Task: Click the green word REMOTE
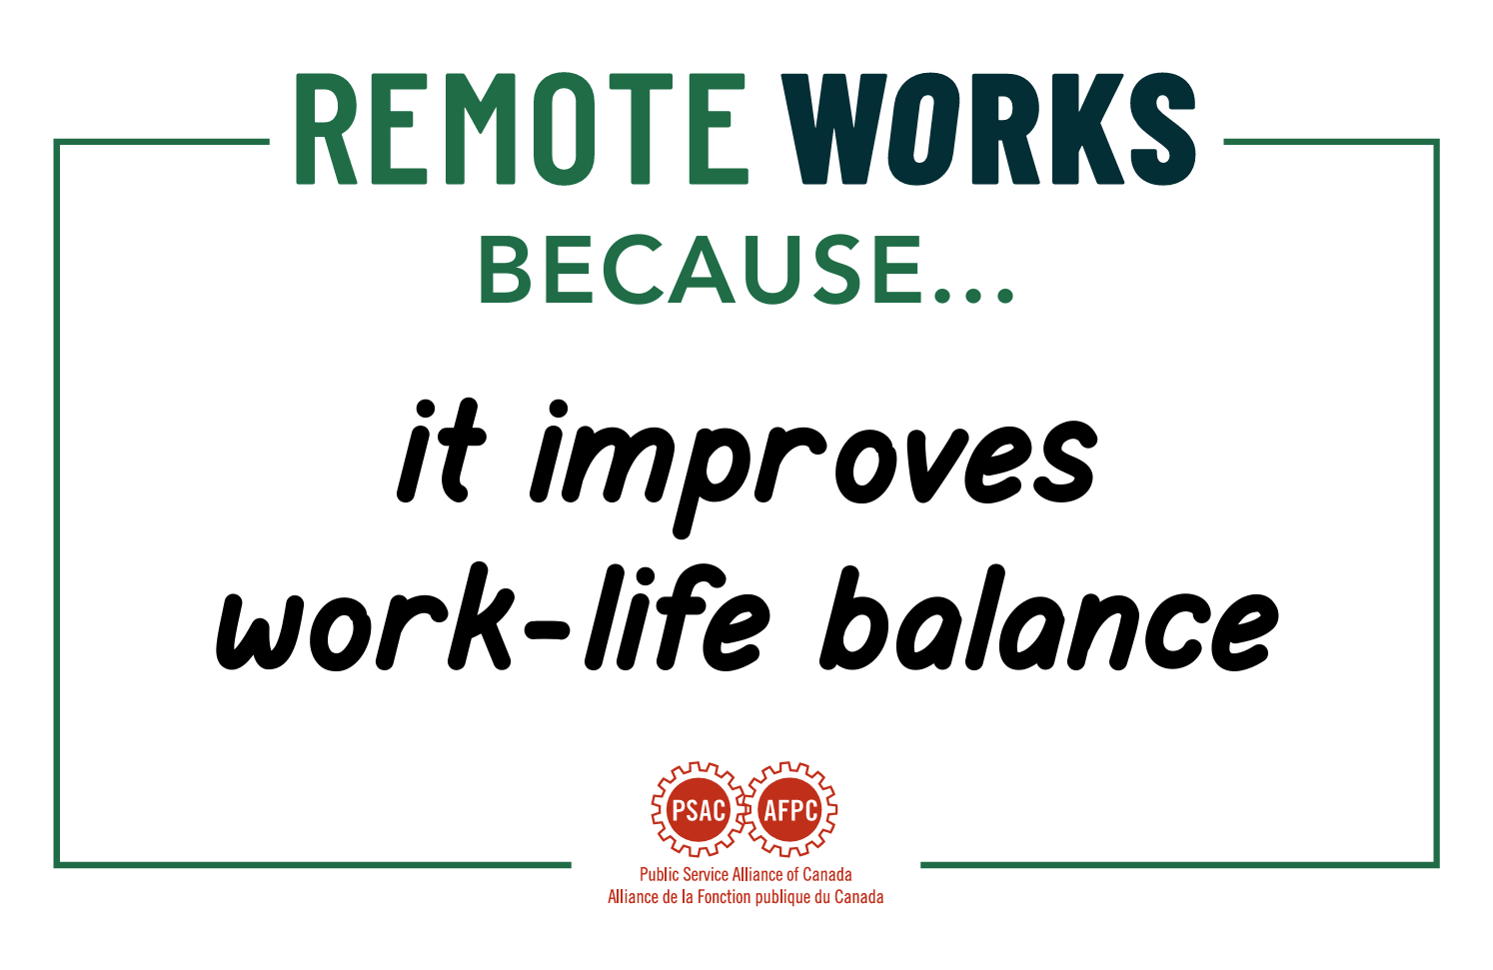[x=522, y=129]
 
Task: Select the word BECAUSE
[x=701, y=269]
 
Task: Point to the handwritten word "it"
[x=440, y=451]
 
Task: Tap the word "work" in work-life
[x=364, y=616]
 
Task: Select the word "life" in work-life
[x=674, y=616]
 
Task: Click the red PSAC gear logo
[x=699, y=809]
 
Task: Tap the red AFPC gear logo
[x=790, y=809]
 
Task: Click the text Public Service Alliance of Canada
[x=746, y=874]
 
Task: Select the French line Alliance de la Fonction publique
[x=746, y=897]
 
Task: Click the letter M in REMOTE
[x=472, y=129]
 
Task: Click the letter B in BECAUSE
[x=505, y=269]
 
